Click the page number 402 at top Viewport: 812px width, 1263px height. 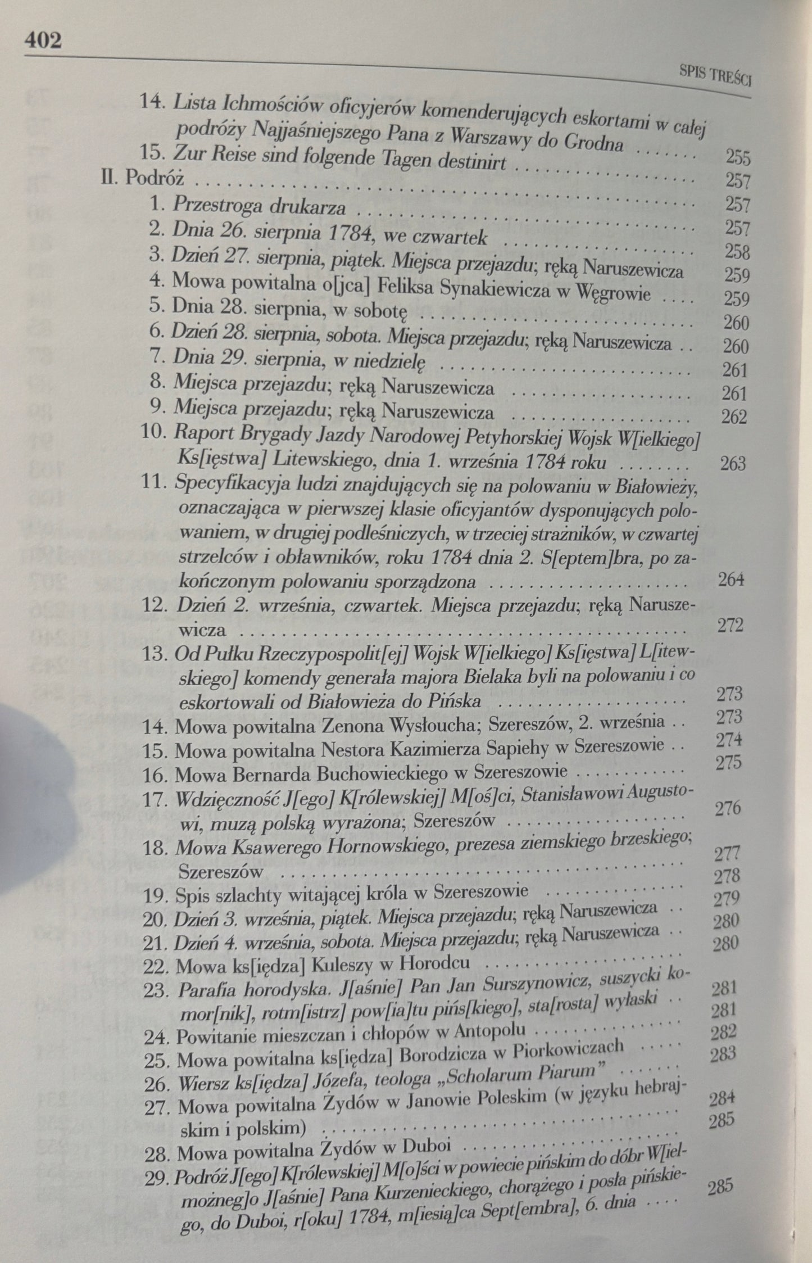pos(43,41)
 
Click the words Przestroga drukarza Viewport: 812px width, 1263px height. pos(259,207)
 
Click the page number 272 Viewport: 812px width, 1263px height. pos(730,625)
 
